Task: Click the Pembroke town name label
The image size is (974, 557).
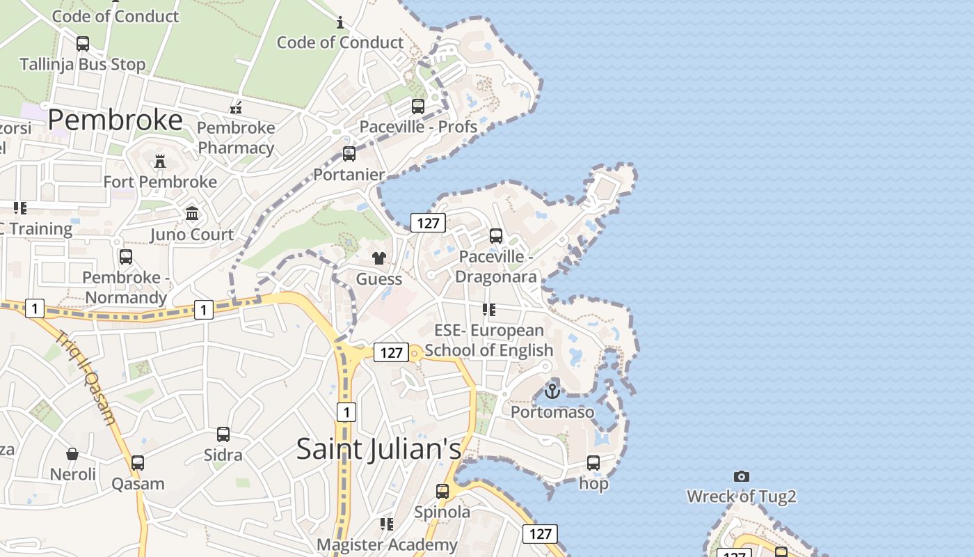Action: pyautogui.click(x=115, y=120)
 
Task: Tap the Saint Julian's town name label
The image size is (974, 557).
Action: pyautogui.click(x=378, y=448)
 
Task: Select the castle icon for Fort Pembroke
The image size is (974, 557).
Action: pyautogui.click(x=160, y=162)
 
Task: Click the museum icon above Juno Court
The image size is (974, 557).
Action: pyautogui.click(x=192, y=213)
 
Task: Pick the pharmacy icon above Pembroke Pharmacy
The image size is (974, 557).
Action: pyautogui.click(x=237, y=108)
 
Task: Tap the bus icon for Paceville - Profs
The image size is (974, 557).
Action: pyautogui.click(x=418, y=107)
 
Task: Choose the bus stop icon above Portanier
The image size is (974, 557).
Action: pyautogui.click(x=349, y=154)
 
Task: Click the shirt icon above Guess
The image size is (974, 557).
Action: pyautogui.click(x=378, y=258)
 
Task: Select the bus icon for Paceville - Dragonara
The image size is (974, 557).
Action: pyautogui.click(x=496, y=236)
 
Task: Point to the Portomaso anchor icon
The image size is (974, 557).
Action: pyautogui.click(x=552, y=391)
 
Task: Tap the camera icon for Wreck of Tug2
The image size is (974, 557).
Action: pyautogui.click(x=742, y=476)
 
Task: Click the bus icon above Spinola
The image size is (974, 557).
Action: pyautogui.click(x=442, y=491)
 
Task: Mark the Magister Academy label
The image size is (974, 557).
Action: pyautogui.click(x=387, y=544)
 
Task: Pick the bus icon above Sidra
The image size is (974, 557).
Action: pyautogui.click(x=223, y=434)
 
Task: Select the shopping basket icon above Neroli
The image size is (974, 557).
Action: pyautogui.click(x=72, y=455)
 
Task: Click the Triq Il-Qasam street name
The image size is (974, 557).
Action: pyautogui.click(x=86, y=376)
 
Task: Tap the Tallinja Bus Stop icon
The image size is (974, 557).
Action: pyautogui.click(x=83, y=44)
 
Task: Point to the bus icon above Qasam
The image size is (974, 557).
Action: pyautogui.click(x=138, y=463)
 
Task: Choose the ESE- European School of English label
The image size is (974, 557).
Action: pyautogui.click(x=489, y=340)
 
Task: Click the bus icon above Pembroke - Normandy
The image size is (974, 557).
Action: pyautogui.click(x=126, y=257)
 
